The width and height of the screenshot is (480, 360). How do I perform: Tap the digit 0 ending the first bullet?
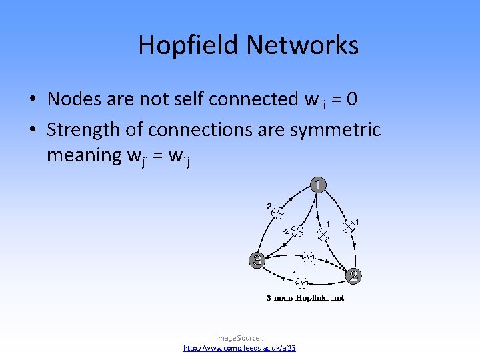tap(351, 99)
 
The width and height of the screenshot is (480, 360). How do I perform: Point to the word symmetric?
tap(336, 129)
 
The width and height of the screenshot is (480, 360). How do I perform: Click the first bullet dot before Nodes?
tap(32, 100)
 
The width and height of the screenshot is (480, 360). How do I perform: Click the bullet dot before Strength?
tap(32, 129)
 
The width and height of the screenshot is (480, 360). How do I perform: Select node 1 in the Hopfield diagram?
tap(318, 184)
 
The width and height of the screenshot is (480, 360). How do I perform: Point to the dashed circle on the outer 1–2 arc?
tap(278, 212)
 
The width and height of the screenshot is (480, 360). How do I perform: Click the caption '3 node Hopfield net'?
tap(305, 298)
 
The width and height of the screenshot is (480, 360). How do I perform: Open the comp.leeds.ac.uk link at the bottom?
tap(239, 348)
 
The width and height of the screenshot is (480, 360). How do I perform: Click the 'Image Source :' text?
tap(239, 338)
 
